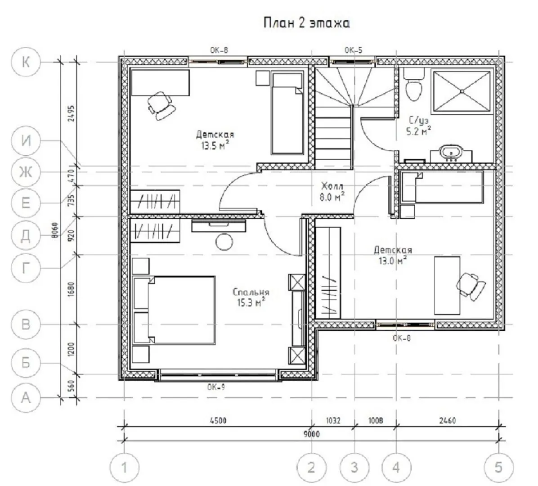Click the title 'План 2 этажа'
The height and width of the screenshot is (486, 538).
(x=307, y=23)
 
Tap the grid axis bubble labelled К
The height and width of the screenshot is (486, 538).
(x=26, y=62)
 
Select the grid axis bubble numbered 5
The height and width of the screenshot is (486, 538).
(x=498, y=467)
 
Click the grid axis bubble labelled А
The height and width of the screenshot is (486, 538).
(x=26, y=398)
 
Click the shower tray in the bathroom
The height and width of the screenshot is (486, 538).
(x=462, y=90)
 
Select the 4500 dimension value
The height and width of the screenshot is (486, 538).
(x=218, y=420)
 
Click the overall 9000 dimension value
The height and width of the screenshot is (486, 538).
(x=312, y=434)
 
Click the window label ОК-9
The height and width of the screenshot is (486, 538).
(x=216, y=387)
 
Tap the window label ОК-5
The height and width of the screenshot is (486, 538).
(x=354, y=50)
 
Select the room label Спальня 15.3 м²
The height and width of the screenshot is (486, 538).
(x=251, y=297)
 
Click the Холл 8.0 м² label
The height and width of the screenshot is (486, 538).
(x=332, y=192)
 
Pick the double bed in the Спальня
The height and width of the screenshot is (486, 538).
(x=174, y=310)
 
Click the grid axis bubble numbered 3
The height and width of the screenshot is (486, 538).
(x=354, y=467)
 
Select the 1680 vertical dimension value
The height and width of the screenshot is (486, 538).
(x=71, y=289)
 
